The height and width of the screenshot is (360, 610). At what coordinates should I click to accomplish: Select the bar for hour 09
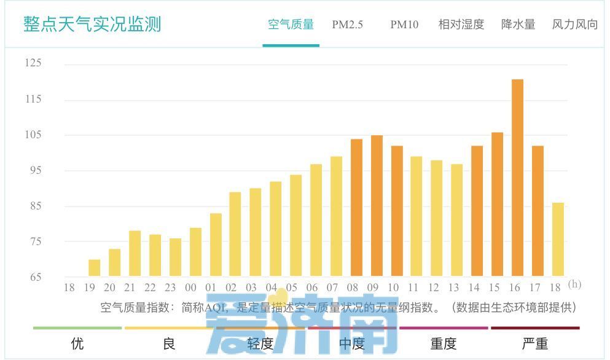point(377,205)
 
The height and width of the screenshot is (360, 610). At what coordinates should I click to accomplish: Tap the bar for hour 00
point(195,252)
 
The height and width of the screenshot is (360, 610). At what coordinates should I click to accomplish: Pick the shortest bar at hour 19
point(94,268)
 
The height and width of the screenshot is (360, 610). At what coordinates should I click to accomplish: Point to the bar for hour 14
point(477,211)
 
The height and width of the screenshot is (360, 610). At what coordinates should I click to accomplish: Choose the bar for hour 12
point(436,218)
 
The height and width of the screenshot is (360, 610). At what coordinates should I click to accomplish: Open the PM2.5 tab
point(348,25)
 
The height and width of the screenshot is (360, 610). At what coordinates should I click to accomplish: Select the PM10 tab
point(404,25)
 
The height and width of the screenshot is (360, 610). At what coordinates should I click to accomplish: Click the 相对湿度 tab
point(461,25)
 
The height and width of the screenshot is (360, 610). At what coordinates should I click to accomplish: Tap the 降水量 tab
point(518,25)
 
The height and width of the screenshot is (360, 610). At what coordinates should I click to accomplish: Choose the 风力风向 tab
point(575,25)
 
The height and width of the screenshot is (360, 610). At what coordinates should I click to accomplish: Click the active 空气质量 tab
point(291,25)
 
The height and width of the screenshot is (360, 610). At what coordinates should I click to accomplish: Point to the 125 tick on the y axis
point(33,63)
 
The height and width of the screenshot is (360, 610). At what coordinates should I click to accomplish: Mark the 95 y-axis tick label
point(33,170)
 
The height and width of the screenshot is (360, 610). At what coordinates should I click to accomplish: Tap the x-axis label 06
point(312,288)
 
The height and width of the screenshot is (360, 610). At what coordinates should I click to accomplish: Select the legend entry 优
point(77,343)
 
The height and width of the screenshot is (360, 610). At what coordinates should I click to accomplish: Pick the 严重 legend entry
point(534,343)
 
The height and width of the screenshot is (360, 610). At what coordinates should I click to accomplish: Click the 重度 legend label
point(444,343)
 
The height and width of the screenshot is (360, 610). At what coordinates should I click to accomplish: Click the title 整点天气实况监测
point(92,24)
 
